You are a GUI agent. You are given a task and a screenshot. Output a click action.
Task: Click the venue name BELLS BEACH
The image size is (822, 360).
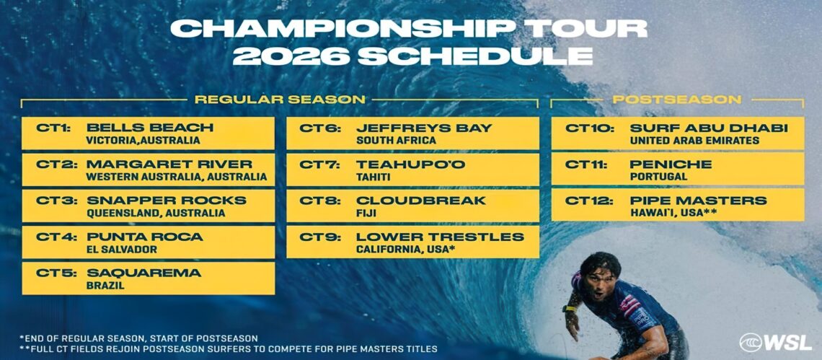pyautogui.click(x=150, y=128)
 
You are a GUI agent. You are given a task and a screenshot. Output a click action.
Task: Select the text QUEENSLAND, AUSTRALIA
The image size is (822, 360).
pyautogui.click(x=156, y=213)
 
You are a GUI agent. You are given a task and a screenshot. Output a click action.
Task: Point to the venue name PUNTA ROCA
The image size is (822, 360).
pyautogui.click(x=145, y=237)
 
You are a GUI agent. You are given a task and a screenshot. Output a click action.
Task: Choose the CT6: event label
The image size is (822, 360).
pyautogui.click(x=320, y=128)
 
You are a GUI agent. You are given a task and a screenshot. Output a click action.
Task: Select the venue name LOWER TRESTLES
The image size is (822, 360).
pyautogui.click(x=441, y=237)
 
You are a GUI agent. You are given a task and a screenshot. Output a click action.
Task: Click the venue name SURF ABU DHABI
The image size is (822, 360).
pyautogui.click(x=709, y=128)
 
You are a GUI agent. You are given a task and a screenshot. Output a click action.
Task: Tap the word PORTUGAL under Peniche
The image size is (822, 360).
pyautogui.click(x=658, y=177)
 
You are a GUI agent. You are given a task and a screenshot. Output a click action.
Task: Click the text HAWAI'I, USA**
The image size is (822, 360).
pyautogui.click(x=673, y=213)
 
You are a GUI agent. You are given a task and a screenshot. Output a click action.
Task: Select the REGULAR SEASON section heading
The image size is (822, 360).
pyautogui.click(x=280, y=99)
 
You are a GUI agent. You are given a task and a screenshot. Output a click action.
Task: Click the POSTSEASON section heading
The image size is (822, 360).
pyautogui.click(x=677, y=99)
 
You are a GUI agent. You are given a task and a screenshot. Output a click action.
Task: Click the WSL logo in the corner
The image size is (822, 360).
pyautogui.click(x=775, y=342)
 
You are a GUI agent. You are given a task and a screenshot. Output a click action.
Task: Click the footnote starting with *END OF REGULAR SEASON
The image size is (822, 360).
pyautogui.click(x=138, y=338)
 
